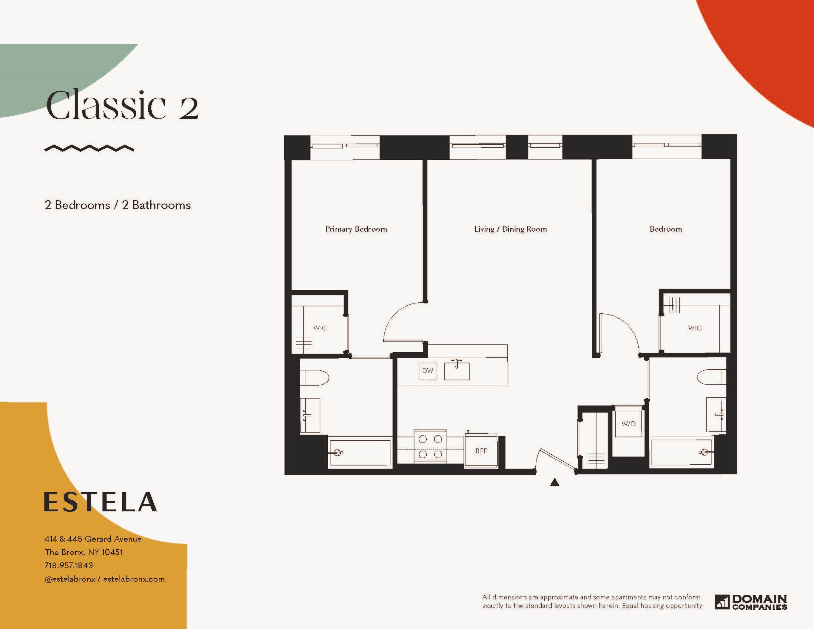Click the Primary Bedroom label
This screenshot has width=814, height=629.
(356, 229)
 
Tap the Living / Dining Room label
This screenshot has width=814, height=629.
(511, 229)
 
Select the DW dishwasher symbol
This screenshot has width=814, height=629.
(427, 371)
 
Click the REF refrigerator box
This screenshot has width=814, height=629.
(481, 451)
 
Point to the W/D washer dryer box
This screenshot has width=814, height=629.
(628, 424)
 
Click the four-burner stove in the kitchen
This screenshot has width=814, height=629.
(430, 447)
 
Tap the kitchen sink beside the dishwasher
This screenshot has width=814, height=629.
(457, 370)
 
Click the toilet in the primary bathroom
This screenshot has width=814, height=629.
(314, 378)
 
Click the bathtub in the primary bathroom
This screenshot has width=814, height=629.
(360, 453)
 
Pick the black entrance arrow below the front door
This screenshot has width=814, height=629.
(555, 482)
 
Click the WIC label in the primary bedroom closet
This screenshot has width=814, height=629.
(320, 328)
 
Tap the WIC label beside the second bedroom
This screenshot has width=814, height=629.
(695, 328)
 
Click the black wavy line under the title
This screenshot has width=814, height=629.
(90, 148)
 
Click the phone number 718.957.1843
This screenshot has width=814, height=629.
(68, 565)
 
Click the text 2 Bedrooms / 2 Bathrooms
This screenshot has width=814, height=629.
(118, 205)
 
